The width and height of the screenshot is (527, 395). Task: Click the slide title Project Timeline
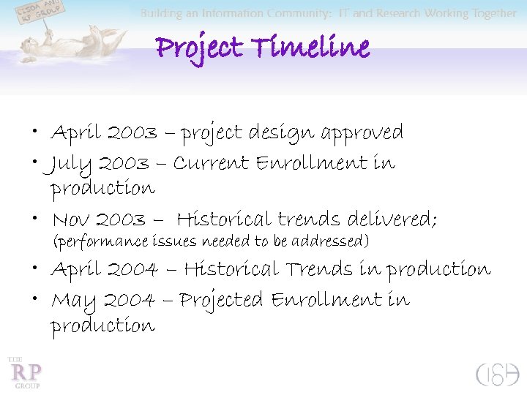(263, 49)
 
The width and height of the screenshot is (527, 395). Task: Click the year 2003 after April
(132, 133)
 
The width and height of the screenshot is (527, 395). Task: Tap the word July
(71, 164)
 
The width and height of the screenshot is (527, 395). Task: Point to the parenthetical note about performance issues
(212, 241)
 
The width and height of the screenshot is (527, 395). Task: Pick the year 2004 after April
(132, 270)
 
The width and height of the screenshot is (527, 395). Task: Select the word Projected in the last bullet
(221, 301)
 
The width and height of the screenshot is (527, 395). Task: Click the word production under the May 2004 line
(102, 326)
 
